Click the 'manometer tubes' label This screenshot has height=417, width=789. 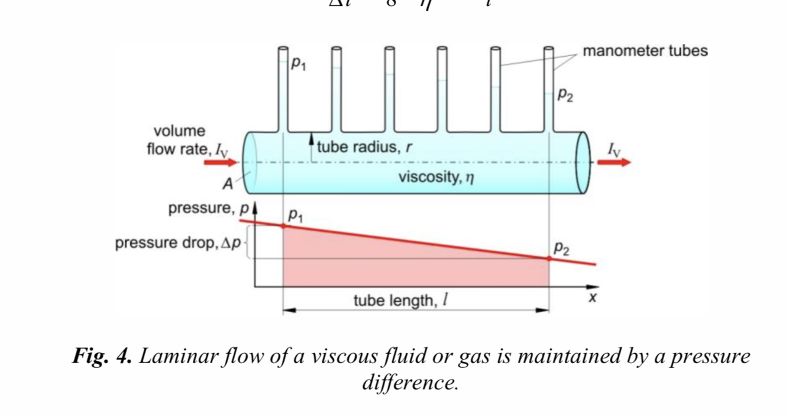645,51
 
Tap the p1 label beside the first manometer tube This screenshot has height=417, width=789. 298,63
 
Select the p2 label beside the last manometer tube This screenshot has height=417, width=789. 565,95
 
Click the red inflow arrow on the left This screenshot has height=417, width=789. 220,162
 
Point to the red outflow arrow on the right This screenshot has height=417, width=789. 614,162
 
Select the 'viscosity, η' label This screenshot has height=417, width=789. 436,177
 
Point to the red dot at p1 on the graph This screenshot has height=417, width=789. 283,226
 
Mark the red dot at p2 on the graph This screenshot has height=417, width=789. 549,258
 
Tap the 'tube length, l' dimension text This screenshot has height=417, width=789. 400,301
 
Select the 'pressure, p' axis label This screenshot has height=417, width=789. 208,208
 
